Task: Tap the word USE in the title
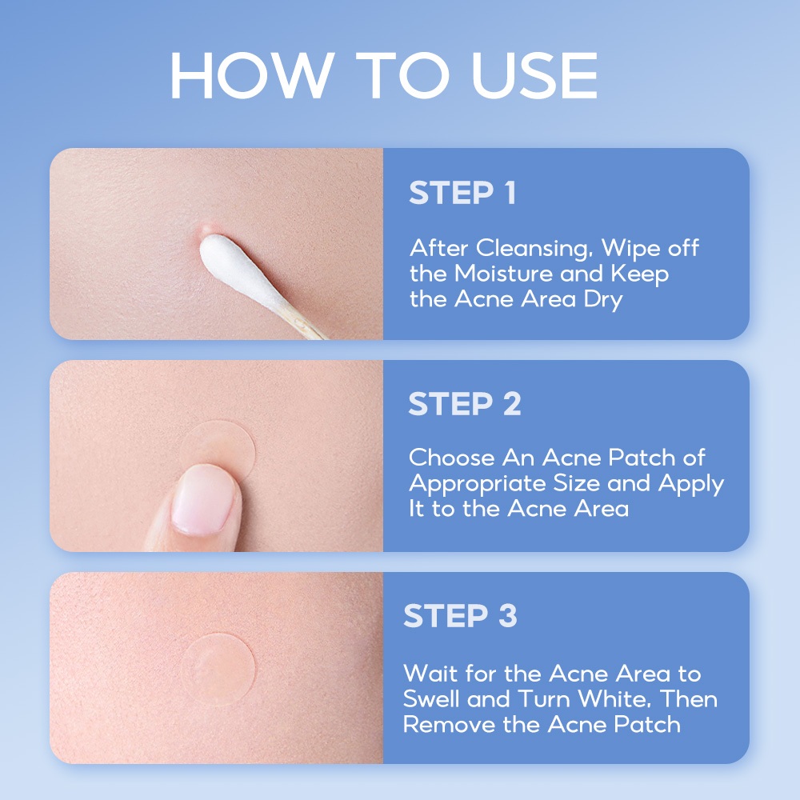tap(534, 75)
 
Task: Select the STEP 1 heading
tap(462, 192)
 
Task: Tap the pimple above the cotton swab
tap(206, 230)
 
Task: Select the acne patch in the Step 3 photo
tap(218, 670)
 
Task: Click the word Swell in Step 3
tap(431, 699)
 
